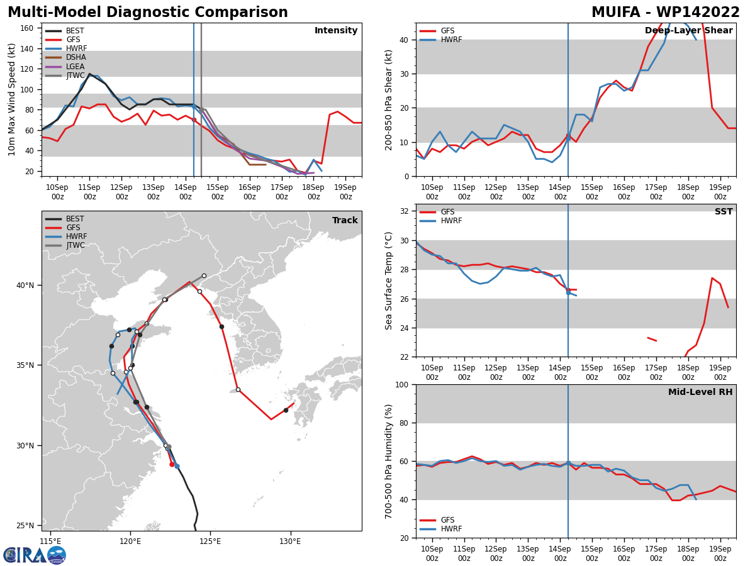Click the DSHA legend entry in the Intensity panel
[65, 57]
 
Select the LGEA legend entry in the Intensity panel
[65, 66]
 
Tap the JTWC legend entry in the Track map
[65, 245]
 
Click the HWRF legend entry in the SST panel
[441, 221]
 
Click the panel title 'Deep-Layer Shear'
[688, 31]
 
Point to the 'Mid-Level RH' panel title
[700, 392]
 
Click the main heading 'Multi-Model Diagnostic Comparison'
[148, 13]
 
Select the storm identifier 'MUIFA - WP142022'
[665, 13]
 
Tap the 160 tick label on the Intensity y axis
[27, 28]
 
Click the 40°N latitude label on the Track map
[25, 286]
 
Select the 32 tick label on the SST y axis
[404, 211]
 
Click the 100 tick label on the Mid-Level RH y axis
[402, 385]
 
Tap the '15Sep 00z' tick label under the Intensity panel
[218, 192]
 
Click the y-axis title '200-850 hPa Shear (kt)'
[389, 100]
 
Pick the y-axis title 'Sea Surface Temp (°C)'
[389, 281]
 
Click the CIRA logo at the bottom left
[35, 555]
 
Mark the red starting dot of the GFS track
[172, 464]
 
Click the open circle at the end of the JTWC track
[204, 275]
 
